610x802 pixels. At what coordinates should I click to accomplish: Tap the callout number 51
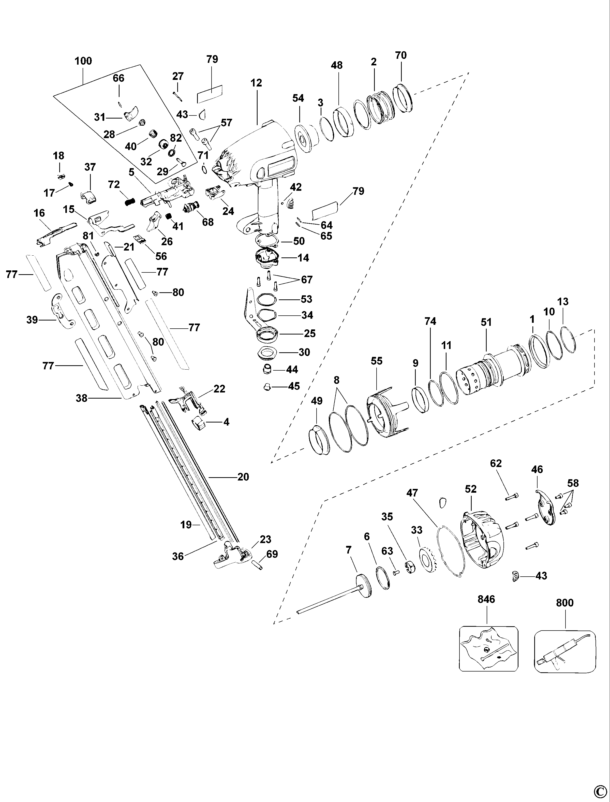(486, 322)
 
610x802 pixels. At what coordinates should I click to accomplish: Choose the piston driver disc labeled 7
(363, 585)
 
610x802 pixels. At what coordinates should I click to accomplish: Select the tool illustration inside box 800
(565, 654)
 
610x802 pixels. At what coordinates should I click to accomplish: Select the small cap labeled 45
(267, 387)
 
